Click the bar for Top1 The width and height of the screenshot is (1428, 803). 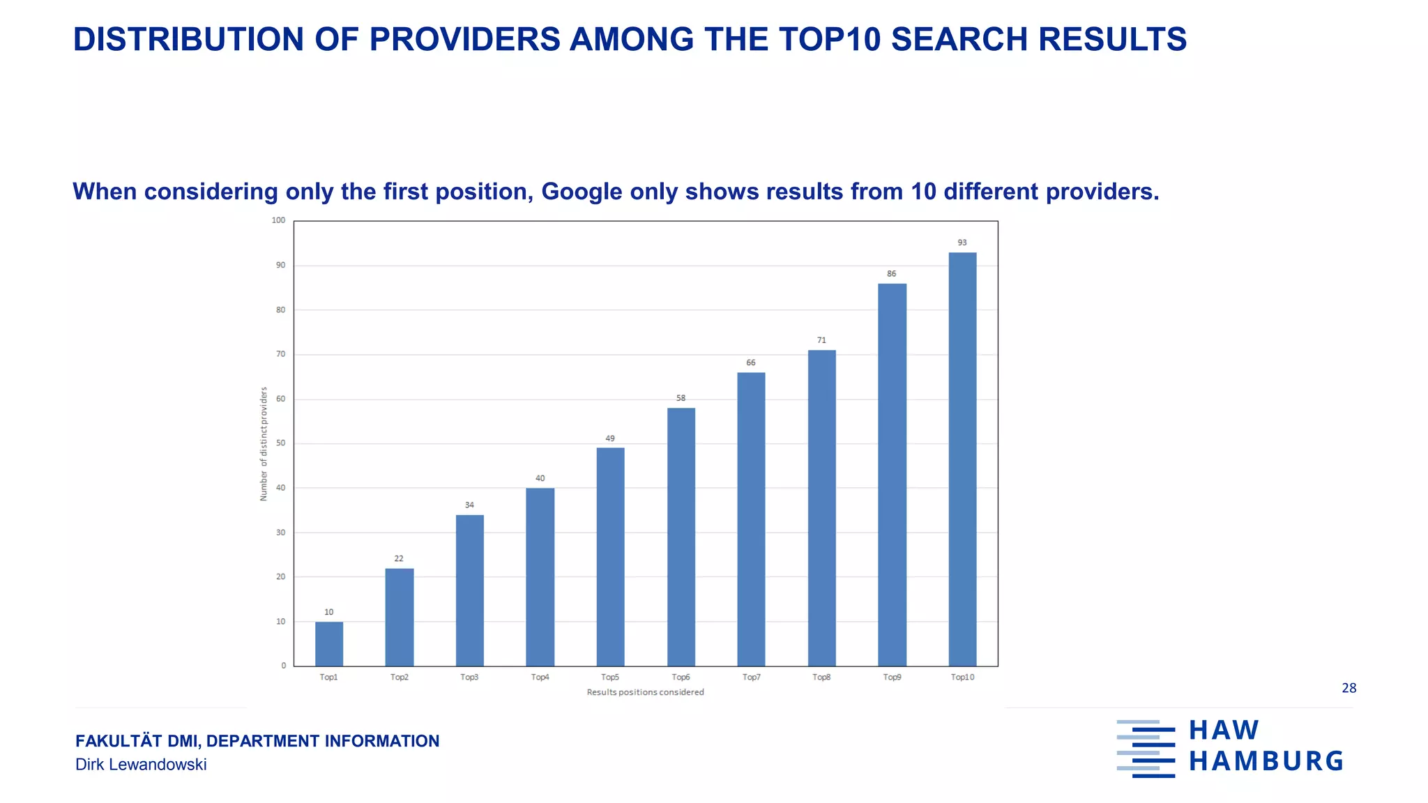coord(329,643)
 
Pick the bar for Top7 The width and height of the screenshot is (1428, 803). coord(751,519)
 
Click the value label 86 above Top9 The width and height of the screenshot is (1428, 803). coord(891,274)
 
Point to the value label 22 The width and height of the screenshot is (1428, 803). coord(399,558)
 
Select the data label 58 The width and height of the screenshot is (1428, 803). coord(681,398)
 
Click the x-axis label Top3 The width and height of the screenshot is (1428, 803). coord(469,677)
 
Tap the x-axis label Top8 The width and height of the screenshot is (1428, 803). coord(821,677)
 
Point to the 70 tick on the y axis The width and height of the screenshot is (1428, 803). coord(280,354)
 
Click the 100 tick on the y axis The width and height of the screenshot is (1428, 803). coord(278,220)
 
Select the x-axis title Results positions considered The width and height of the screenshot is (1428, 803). coord(645,692)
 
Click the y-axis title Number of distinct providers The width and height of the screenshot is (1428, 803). coord(264,444)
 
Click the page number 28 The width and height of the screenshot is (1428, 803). coord(1349,688)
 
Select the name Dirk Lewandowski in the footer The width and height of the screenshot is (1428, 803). coord(141,765)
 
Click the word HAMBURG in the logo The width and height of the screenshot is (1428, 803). coord(1266,761)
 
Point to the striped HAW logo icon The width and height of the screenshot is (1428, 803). coord(1146,749)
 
